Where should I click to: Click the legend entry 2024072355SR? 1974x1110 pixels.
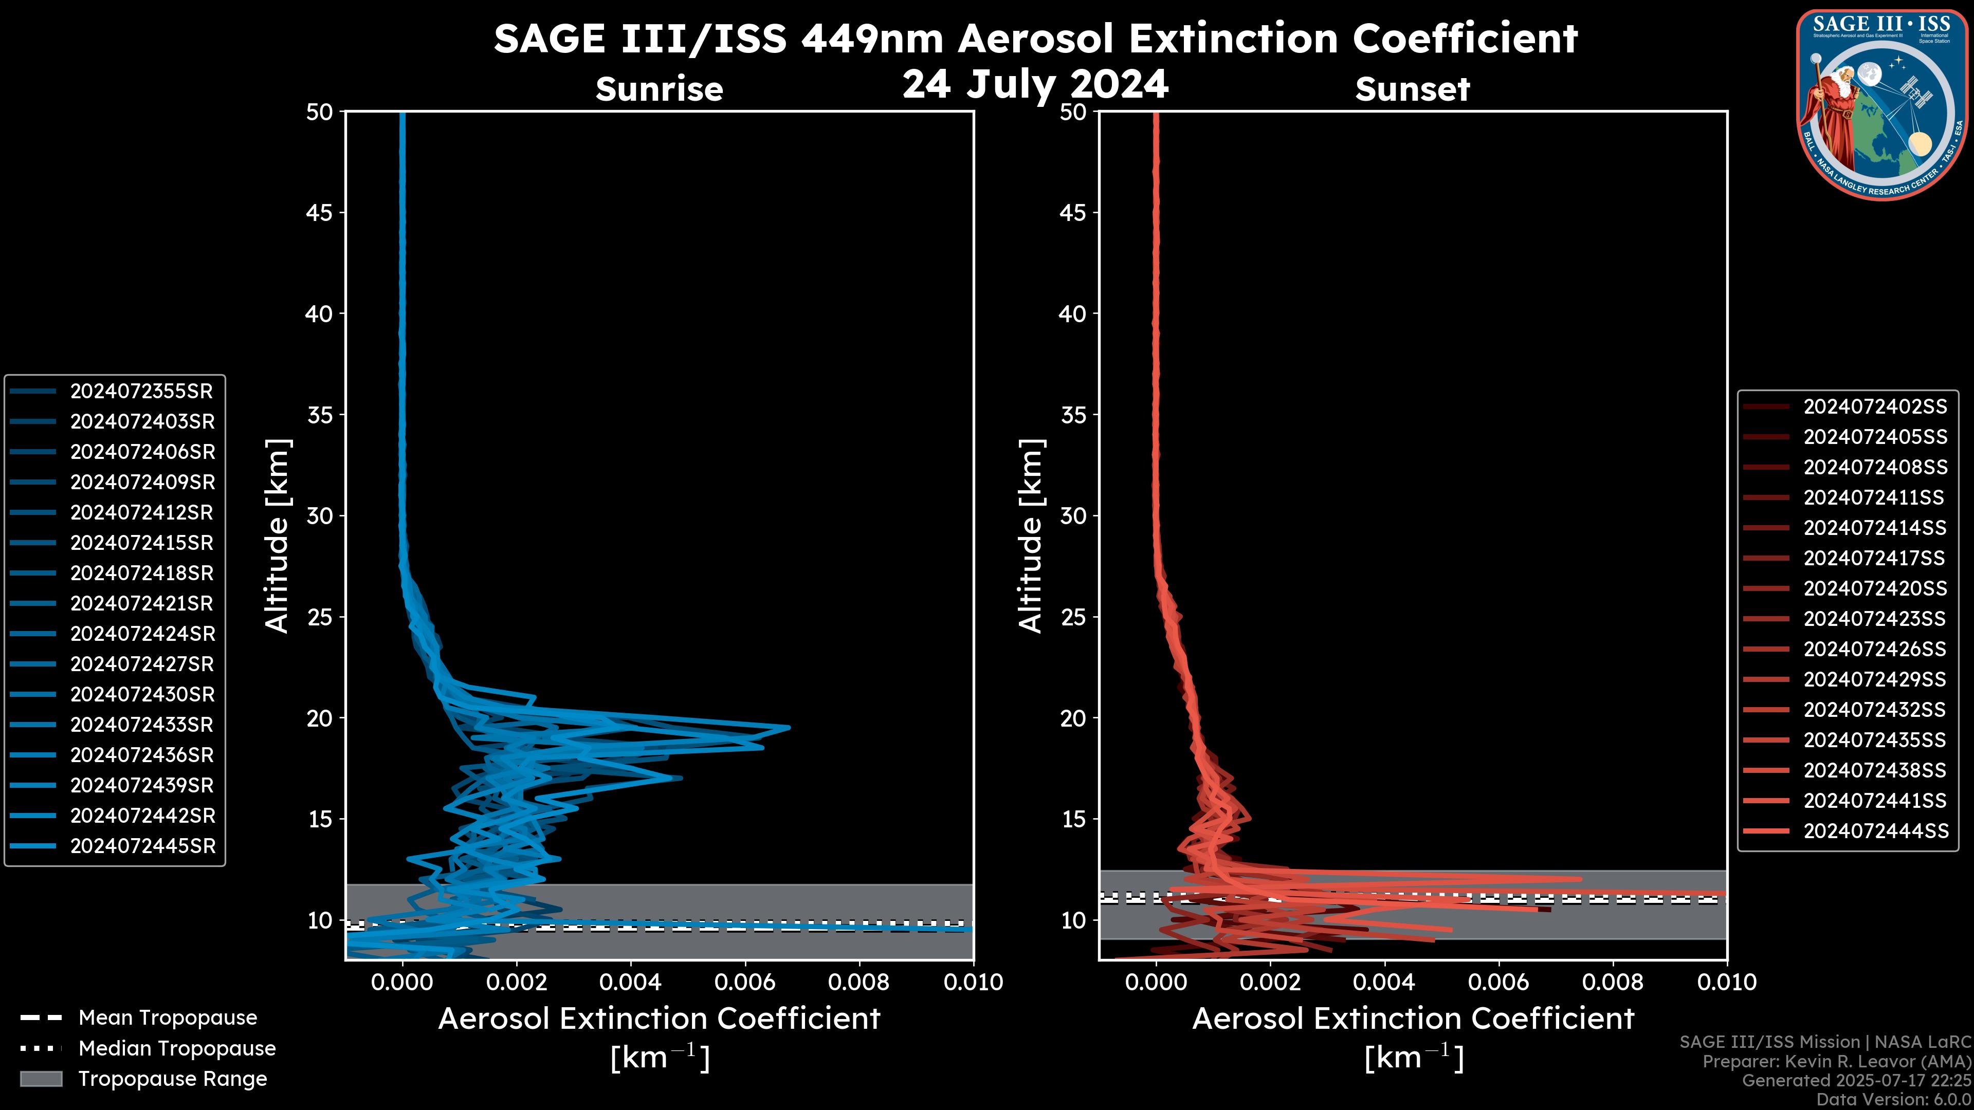(x=141, y=392)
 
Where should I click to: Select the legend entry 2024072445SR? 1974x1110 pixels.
(x=142, y=846)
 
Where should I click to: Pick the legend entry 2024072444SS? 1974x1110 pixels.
(x=1875, y=831)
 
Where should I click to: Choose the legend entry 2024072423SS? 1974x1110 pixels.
(x=1874, y=619)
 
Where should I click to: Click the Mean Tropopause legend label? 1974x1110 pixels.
(x=168, y=1018)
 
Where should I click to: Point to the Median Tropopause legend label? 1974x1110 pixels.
(x=177, y=1049)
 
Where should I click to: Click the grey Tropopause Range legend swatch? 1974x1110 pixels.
(x=41, y=1079)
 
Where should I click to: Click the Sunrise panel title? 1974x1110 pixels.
(x=659, y=89)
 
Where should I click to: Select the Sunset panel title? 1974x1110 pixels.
(x=1412, y=89)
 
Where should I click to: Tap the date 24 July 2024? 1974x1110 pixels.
(x=1035, y=84)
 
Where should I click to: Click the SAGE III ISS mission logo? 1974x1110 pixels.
(x=1882, y=105)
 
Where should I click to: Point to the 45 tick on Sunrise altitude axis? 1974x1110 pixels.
(x=320, y=213)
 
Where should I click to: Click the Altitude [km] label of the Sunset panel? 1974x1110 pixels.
(x=1031, y=536)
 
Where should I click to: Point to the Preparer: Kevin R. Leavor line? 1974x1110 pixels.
(x=1836, y=1062)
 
